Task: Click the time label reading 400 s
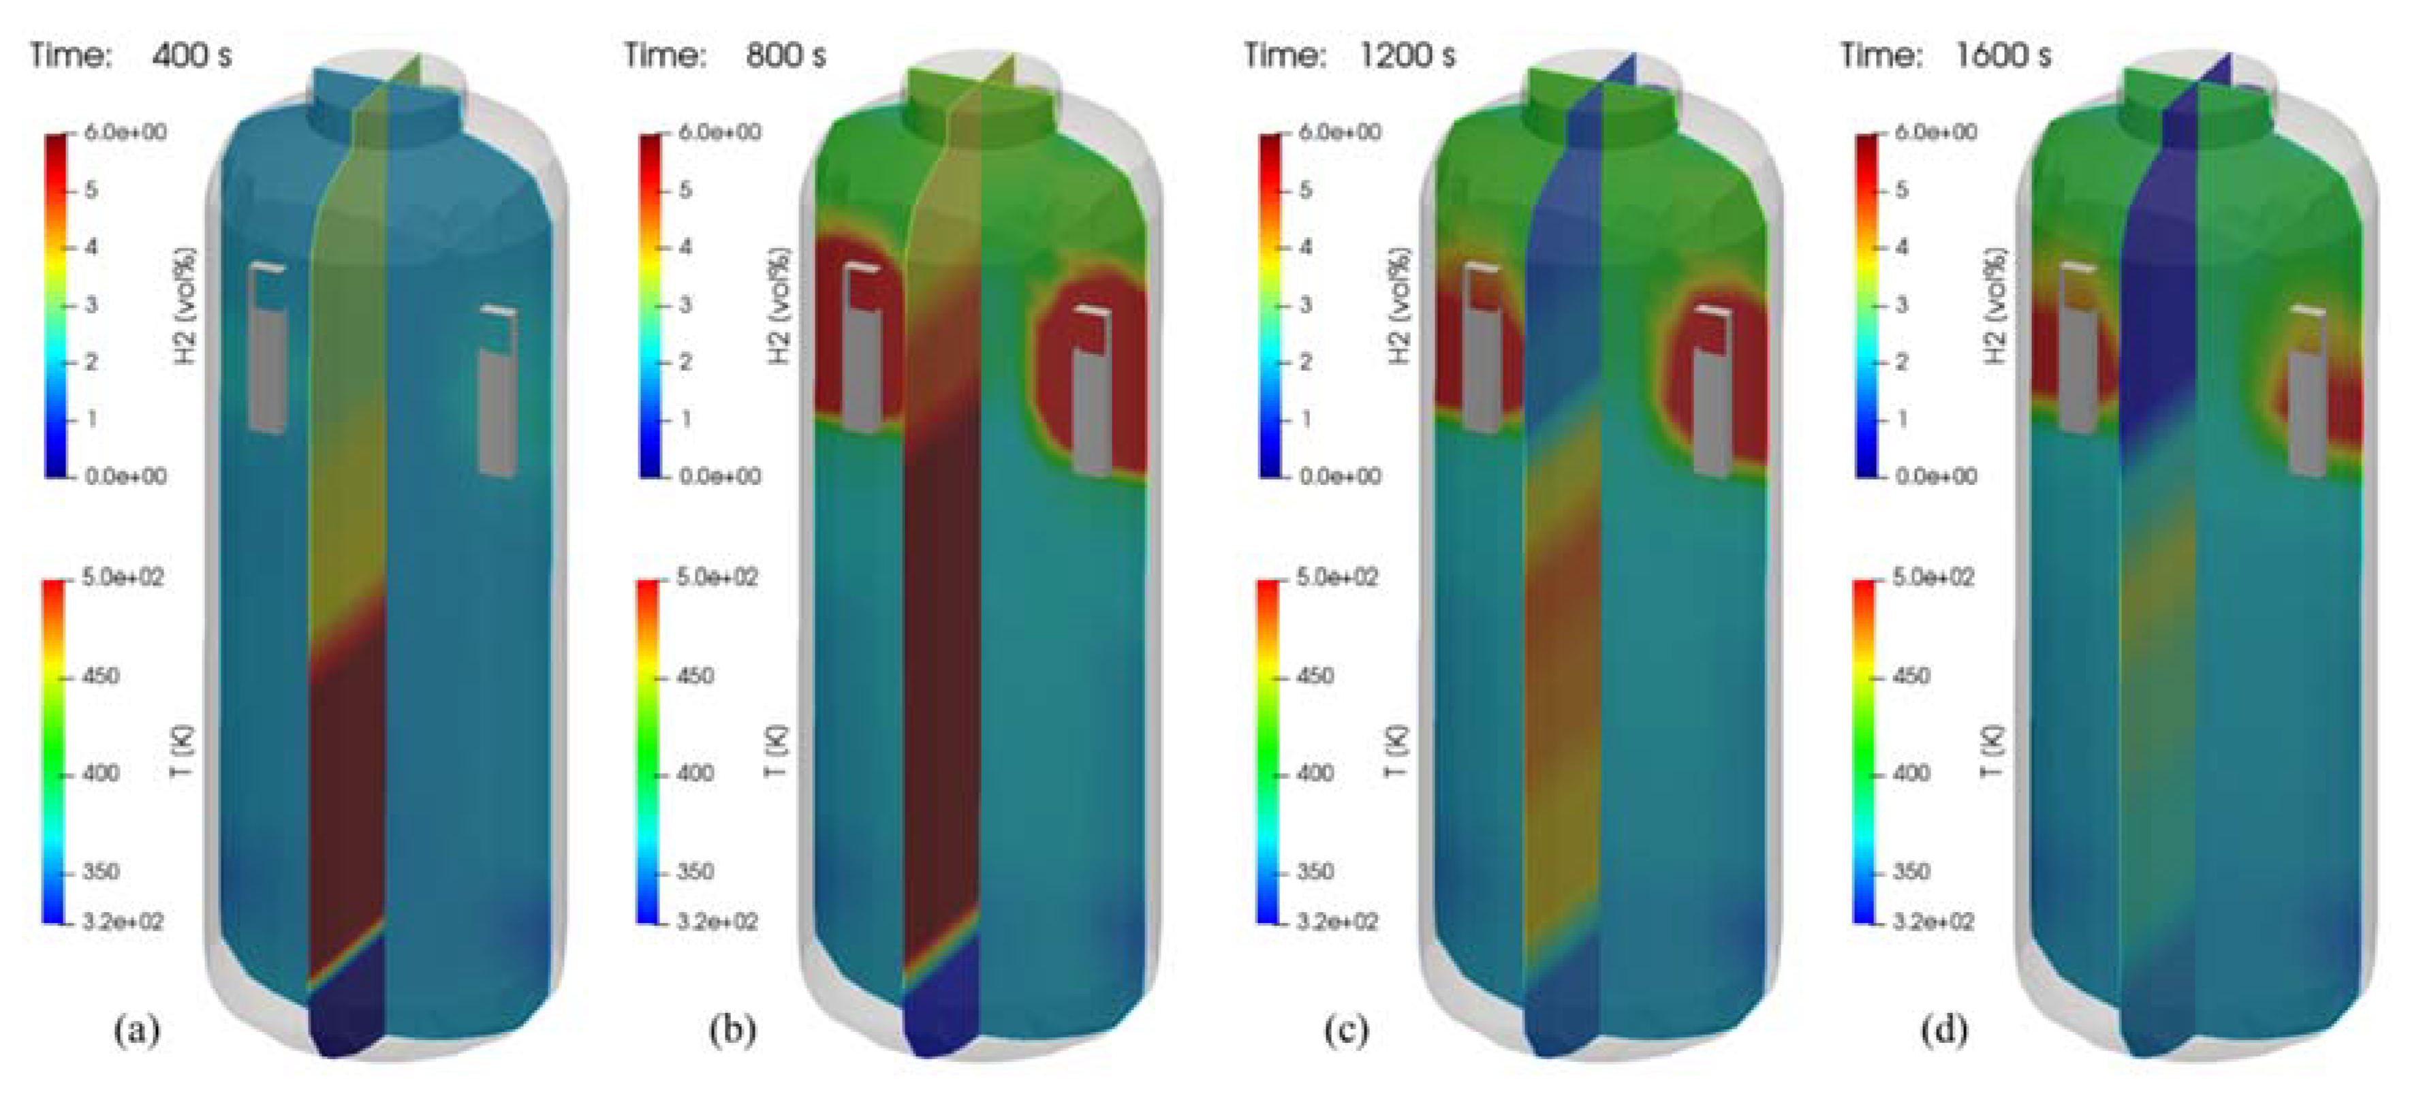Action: [191, 56]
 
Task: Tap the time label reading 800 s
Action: [785, 56]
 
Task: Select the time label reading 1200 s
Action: [1407, 56]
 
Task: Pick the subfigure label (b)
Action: [732, 1029]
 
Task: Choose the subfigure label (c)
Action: [1346, 1029]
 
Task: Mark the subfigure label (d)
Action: [1944, 1029]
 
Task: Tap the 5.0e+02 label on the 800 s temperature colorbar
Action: [717, 577]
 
